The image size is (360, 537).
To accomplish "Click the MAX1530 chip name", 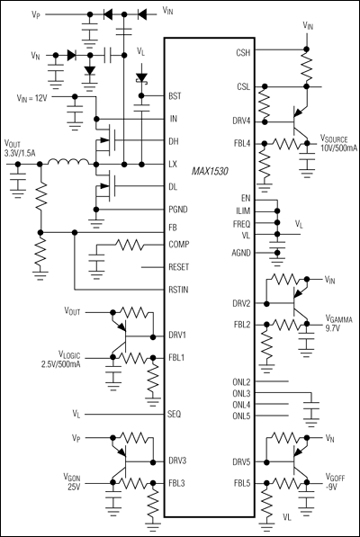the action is pos(210,171).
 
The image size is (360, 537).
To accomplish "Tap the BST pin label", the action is pos(175,96).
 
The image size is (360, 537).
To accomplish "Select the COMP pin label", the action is pos(179,245).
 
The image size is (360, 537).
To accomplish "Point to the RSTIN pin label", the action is pos(178,290).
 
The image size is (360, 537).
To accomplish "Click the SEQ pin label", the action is pos(175,415).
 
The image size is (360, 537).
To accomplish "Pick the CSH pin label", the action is pos(243,53).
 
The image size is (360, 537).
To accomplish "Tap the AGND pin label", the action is pos(241,253).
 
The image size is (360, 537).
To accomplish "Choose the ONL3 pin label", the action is pos(241,393).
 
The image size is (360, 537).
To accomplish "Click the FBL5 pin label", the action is pos(242,483).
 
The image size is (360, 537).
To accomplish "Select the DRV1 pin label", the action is pos(177,335).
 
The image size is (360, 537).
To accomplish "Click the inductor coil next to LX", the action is pos(68,162).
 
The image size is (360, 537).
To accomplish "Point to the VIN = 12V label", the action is pos(31,98).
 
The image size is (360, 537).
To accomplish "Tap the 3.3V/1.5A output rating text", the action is pos(20,153).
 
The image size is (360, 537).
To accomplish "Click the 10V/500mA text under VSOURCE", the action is pos(338,148).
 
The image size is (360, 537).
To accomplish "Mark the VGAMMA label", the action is pos(338,320).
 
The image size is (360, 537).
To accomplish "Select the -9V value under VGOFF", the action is pos(331,487).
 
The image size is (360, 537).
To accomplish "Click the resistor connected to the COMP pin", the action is pos(130,245).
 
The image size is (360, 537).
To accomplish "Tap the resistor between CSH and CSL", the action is pos(307,67).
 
